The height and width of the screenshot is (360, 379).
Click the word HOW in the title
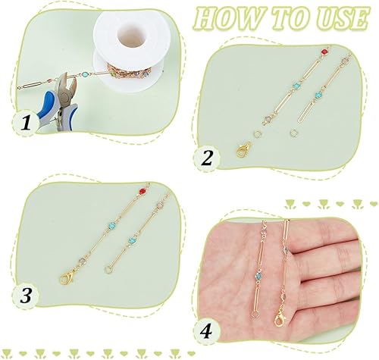229,19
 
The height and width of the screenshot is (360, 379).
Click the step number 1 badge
26,123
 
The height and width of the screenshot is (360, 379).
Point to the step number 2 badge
207,158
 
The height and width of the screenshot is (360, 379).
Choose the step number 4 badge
206,331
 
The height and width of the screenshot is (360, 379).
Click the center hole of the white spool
132,38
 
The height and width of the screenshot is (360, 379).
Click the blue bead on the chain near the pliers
86,75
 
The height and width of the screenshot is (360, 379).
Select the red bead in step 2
324,52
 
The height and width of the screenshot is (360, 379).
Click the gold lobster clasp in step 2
243,150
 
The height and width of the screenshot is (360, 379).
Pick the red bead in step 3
143,192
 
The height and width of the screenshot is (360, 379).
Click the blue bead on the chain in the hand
258,277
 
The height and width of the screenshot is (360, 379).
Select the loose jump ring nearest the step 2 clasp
257,133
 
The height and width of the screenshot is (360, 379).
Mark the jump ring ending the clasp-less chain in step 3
108,269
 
